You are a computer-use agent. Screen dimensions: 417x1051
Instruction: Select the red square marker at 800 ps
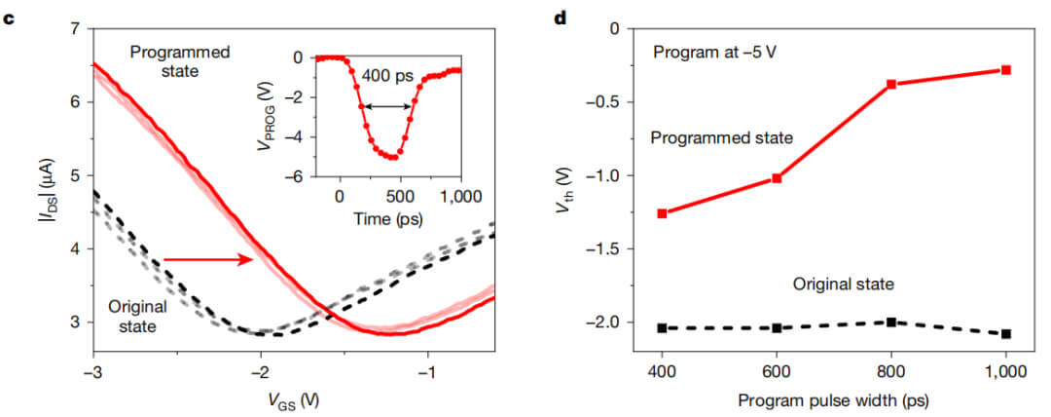tap(890, 84)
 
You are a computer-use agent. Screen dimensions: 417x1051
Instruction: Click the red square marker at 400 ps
tap(662, 212)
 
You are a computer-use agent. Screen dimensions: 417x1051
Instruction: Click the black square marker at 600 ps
tap(777, 327)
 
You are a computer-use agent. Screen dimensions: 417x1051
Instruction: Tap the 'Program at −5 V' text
tap(713, 52)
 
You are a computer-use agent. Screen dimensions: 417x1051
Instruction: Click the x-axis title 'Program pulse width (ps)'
tap(834, 400)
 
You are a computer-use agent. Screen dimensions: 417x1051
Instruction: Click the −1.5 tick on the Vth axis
tap(612, 248)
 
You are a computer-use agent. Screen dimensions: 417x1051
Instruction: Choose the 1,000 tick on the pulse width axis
tap(1005, 374)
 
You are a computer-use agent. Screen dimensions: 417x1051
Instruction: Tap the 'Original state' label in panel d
tap(842, 284)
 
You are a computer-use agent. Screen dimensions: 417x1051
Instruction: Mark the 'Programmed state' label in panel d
tap(721, 137)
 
